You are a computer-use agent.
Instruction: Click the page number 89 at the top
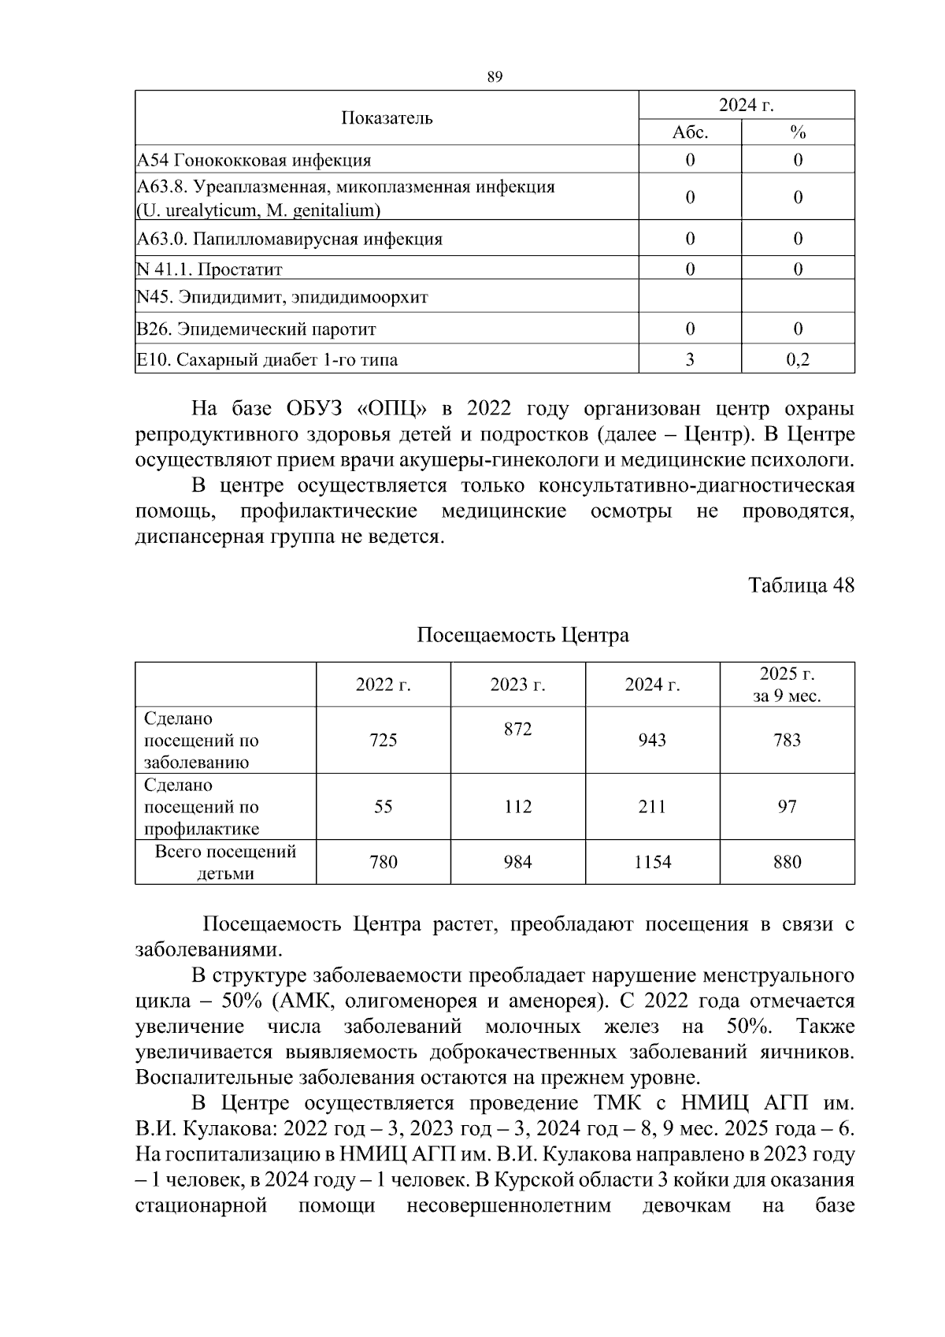tap(495, 76)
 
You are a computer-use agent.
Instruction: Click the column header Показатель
tap(387, 118)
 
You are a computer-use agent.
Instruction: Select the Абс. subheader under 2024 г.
tap(690, 132)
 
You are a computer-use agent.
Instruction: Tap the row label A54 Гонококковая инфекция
tap(254, 160)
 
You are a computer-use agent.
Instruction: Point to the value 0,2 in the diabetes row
tap(798, 360)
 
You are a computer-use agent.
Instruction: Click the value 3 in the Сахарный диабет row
tap(690, 360)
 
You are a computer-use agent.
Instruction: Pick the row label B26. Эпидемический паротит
tap(256, 329)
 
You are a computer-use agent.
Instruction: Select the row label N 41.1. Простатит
tap(209, 269)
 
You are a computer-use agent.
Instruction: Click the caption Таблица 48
tap(801, 585)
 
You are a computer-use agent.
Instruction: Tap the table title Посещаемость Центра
tap(522, 635)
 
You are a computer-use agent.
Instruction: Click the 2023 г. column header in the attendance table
tap(517, 685)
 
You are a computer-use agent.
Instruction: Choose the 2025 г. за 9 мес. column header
tap(787, 685)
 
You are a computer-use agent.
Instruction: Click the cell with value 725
tap(383, 740)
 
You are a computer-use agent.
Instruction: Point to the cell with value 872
tap(517, 729)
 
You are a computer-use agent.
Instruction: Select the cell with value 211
tap(651, 807)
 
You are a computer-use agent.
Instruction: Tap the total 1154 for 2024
tap(652, 862)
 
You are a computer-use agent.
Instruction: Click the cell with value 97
tap(787, 807)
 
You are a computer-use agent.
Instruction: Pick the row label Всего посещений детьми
tap(225, 862)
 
